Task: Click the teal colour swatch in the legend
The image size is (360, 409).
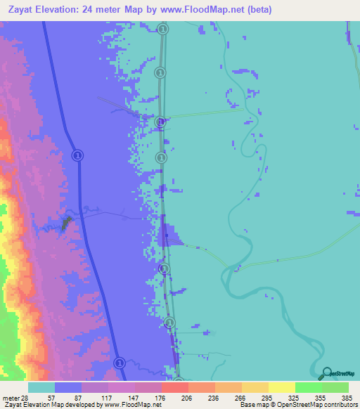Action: click(41, 387)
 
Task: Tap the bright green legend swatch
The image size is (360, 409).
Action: click(308, 387)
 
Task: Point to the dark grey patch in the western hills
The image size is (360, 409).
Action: click(67, 223)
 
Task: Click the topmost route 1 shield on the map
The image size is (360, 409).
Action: click(163, 29)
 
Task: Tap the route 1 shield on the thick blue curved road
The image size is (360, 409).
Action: click(78, 155)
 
